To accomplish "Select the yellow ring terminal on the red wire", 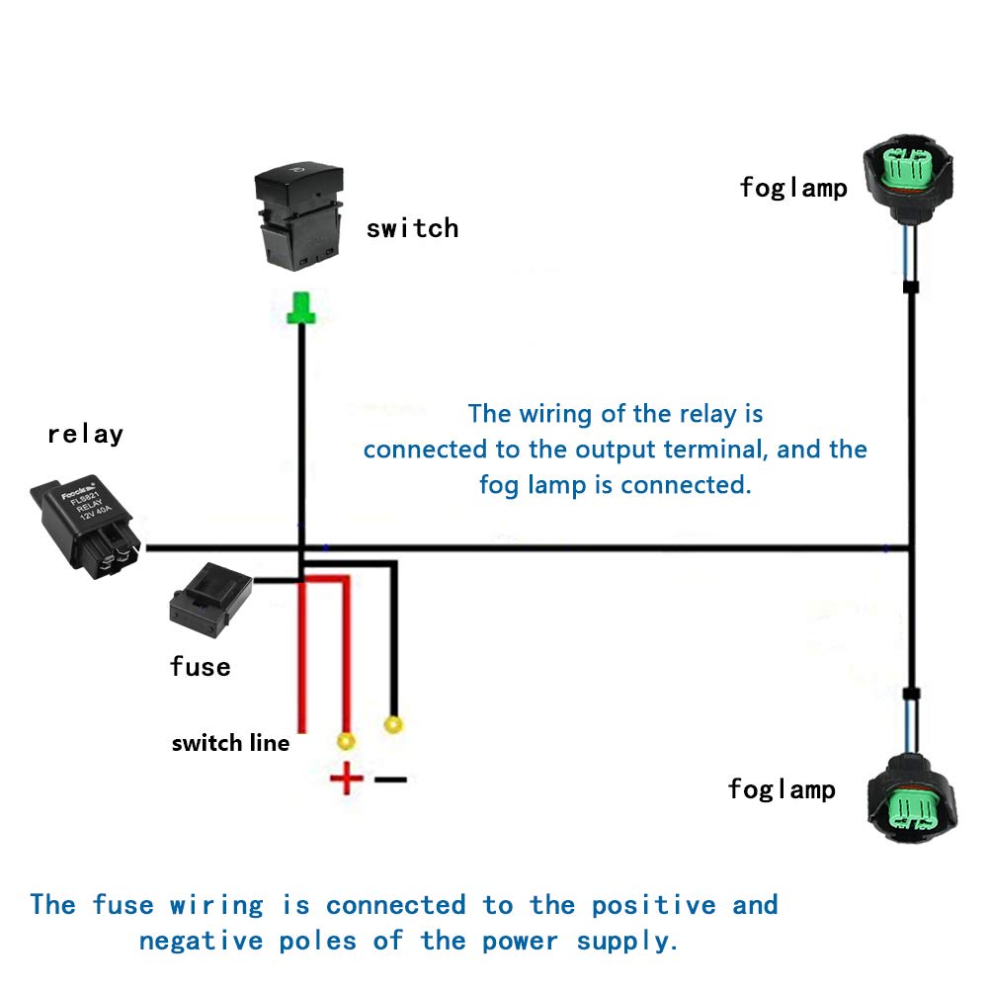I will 346,740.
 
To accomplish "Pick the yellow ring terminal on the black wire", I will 393,725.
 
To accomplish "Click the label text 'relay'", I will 85,434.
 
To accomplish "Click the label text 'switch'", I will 412,228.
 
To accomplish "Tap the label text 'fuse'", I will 200,667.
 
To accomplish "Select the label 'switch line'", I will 230,743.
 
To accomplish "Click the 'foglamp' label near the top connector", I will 793,188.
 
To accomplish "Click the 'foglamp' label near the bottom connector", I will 782,789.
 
